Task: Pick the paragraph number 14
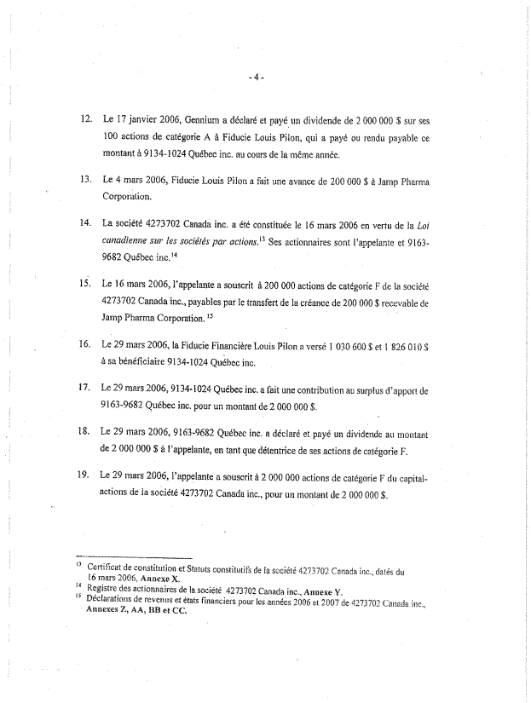(84, 223)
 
